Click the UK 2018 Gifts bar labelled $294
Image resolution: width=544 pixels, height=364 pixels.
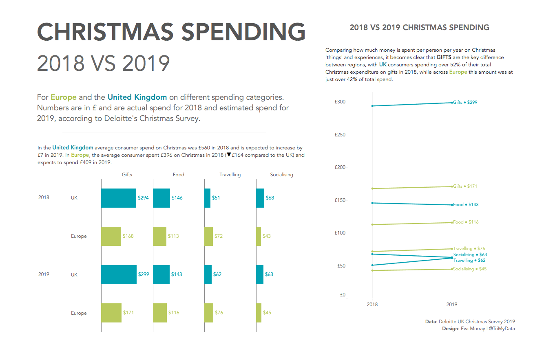click(x=119, y=198)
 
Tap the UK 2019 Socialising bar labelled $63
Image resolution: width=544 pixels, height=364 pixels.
click(x=260, y=274)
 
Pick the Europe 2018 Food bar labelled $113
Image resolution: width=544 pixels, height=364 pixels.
click(x=160, y=236)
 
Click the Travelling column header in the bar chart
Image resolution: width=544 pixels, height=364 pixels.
click(x=230, y=175)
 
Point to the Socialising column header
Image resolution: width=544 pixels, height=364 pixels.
click(x=281, y=175)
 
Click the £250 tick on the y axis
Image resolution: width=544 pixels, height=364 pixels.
click(x=340, y=135)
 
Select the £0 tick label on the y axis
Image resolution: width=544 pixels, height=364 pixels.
click(x=343, y=295)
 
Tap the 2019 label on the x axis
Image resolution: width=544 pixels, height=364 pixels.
click(x=451, y=304)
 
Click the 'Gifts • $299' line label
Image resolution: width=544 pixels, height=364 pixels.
click(x=465, y=103)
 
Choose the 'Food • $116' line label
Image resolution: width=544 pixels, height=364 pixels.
click(x=466, y=222)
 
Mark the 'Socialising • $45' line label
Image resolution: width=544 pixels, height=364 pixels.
click(x=470, y=269)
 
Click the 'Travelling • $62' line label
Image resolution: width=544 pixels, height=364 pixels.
click(x=469, y=261)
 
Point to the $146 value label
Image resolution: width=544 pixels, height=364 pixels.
click(x=177, y=198)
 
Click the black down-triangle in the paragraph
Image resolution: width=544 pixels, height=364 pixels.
click(x=229, y=155)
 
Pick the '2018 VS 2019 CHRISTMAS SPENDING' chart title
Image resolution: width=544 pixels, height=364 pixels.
click(x=419, y=28)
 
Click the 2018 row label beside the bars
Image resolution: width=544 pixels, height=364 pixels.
click(x=44, y=197)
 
